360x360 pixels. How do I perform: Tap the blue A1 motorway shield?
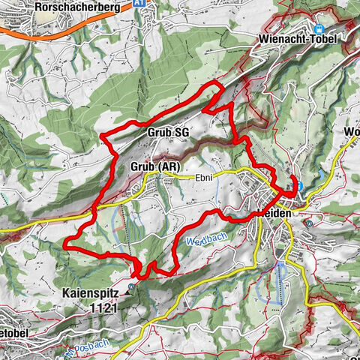click(138, 3)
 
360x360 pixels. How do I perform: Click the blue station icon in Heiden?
click(298, 186)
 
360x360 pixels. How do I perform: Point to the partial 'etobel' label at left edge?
click(15, 330)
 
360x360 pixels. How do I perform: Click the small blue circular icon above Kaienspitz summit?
click(131, 286)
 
